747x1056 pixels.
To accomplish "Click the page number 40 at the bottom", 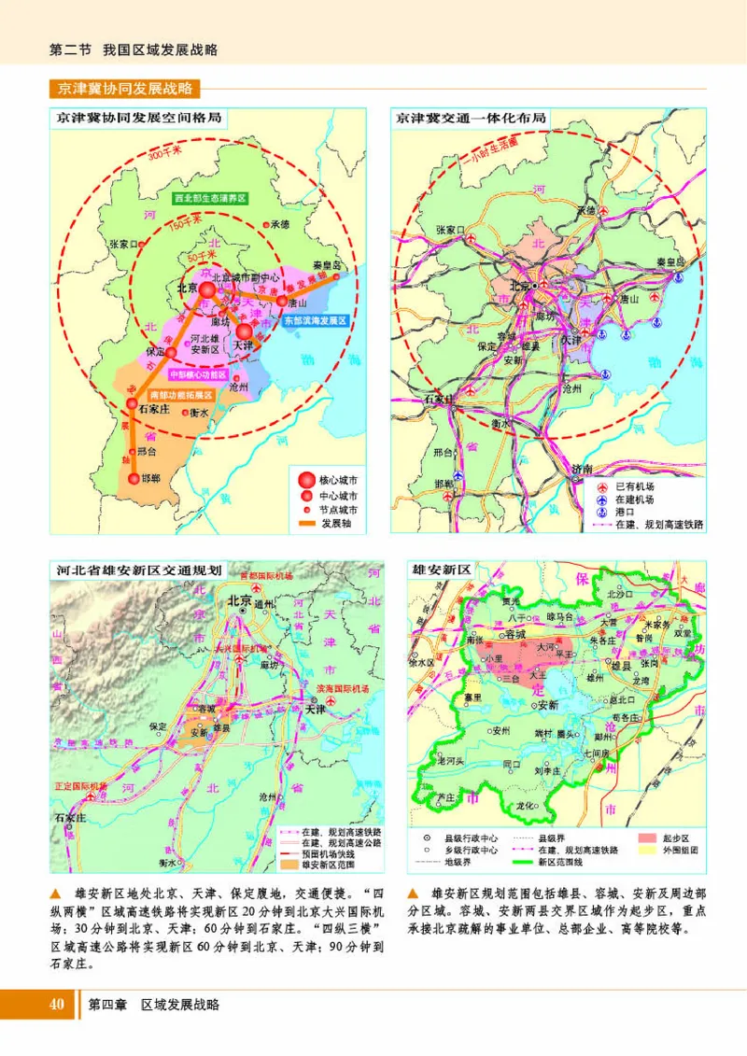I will (56, 1005).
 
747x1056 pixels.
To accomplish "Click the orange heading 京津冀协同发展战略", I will (124, 90).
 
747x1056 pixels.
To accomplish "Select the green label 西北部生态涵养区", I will (212, 199).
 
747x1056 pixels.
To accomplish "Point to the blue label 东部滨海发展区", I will (315, 319).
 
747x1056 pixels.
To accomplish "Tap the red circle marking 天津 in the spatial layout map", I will (244, 331).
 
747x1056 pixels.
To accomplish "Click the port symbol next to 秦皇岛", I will (682, 277).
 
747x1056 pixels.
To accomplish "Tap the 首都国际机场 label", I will (266, 576).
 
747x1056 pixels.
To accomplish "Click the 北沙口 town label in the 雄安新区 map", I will (621, 594).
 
